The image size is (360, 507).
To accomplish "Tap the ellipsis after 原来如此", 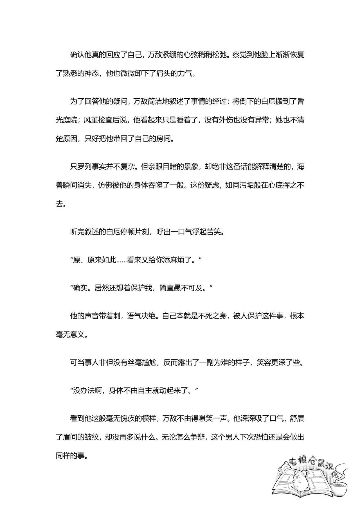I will pos(122,260).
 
